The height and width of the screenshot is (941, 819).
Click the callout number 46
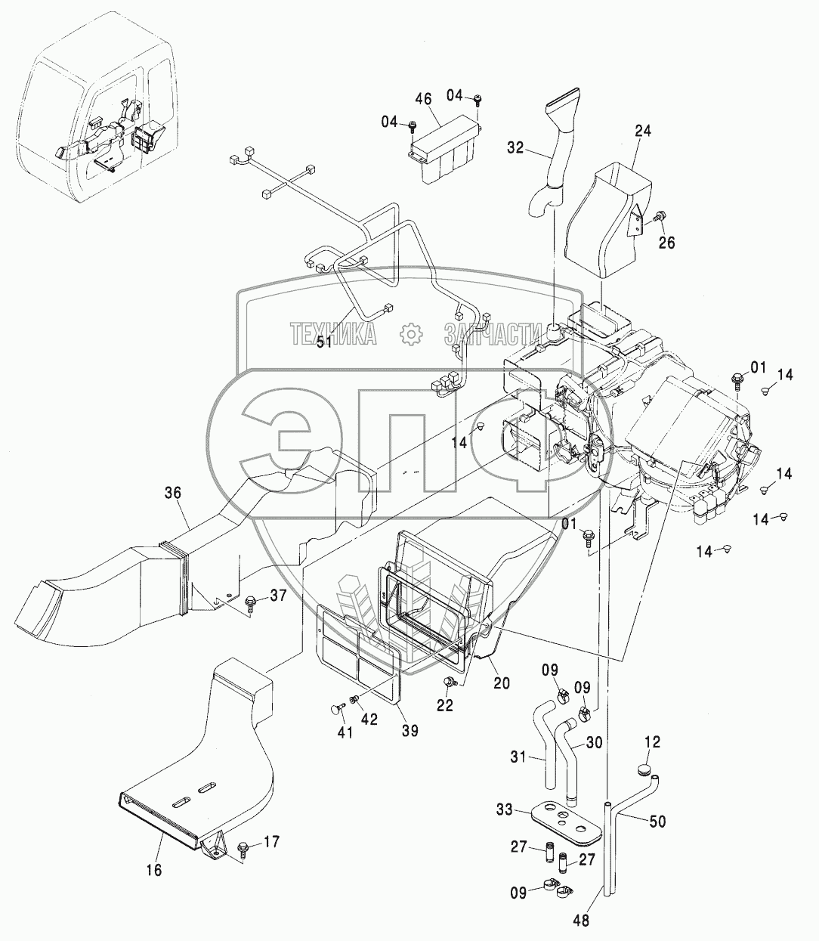(x=423, y=100)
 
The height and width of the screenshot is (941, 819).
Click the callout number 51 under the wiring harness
(x=324, y=342)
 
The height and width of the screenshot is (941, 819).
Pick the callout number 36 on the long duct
(x=174, y=494)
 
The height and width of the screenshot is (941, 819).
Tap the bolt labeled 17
(x=243, y=846)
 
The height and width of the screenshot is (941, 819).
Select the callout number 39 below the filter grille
(x=410, y=731)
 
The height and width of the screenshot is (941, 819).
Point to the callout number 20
(x=502, y=683)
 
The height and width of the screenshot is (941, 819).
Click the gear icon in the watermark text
(x=410, y=333)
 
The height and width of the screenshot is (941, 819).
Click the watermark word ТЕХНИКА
(x=334, y=333)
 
